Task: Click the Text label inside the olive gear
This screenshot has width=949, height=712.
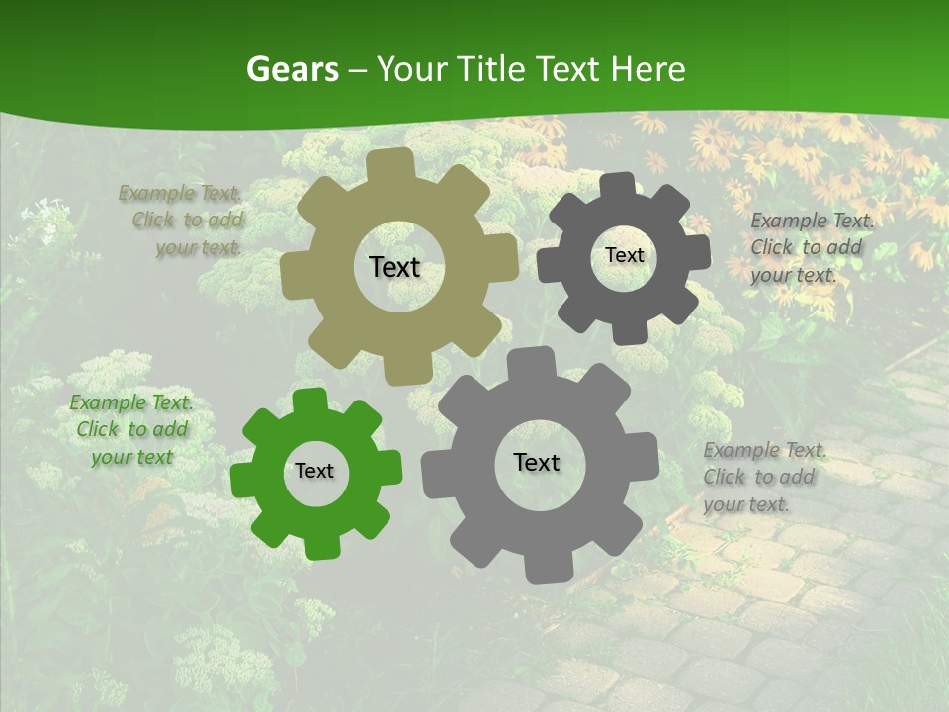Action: pos(394,267)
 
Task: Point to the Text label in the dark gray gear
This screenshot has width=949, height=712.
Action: pos(624,255)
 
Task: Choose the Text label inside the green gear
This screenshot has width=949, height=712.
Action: pos(314,471)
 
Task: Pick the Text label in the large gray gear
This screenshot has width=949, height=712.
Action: pos(537,462)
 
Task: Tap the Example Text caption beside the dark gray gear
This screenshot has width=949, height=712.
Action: pos(811,247)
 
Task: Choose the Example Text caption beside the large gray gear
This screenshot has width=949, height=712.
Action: pos(763,477)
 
